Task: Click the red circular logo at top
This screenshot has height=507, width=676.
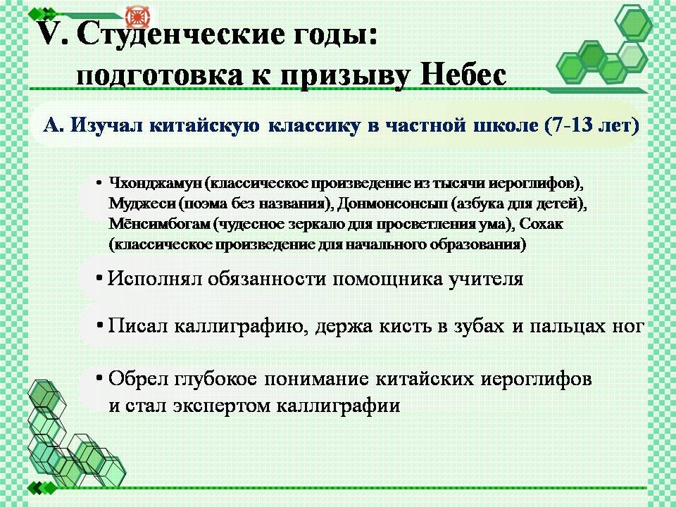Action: click(x=137, y=16)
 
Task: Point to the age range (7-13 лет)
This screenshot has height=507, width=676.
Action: click(x=591, y=125)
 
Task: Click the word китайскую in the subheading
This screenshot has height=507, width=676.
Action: click(x=204, y=125)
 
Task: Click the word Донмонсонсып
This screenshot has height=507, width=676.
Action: click(x=392, y=203)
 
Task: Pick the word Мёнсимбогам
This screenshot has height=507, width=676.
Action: click(x=160, y=224)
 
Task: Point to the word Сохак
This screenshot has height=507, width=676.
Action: click(x=541, y=224)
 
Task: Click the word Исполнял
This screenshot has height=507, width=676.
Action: click(x=154, y=279)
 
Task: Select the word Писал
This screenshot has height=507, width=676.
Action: click(x=137, y=325)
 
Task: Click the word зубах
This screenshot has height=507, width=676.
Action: click(x=479, y=325)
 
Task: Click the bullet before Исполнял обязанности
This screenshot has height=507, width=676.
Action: click(x=99, y=279)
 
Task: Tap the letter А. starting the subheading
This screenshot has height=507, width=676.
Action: click(x=53, y=125)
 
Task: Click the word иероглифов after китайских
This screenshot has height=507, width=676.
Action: click(x=536, y=380)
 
